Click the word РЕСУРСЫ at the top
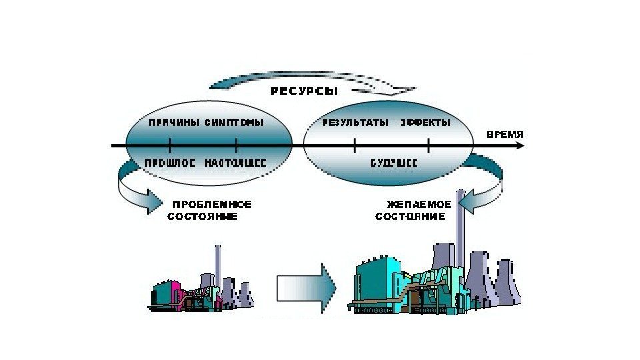303,91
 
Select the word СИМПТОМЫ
234,123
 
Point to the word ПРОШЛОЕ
171,163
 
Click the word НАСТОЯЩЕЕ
235,163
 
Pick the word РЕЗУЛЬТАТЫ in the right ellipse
355,123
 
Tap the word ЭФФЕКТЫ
425,123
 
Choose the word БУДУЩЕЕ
393,163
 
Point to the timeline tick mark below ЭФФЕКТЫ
429,145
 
